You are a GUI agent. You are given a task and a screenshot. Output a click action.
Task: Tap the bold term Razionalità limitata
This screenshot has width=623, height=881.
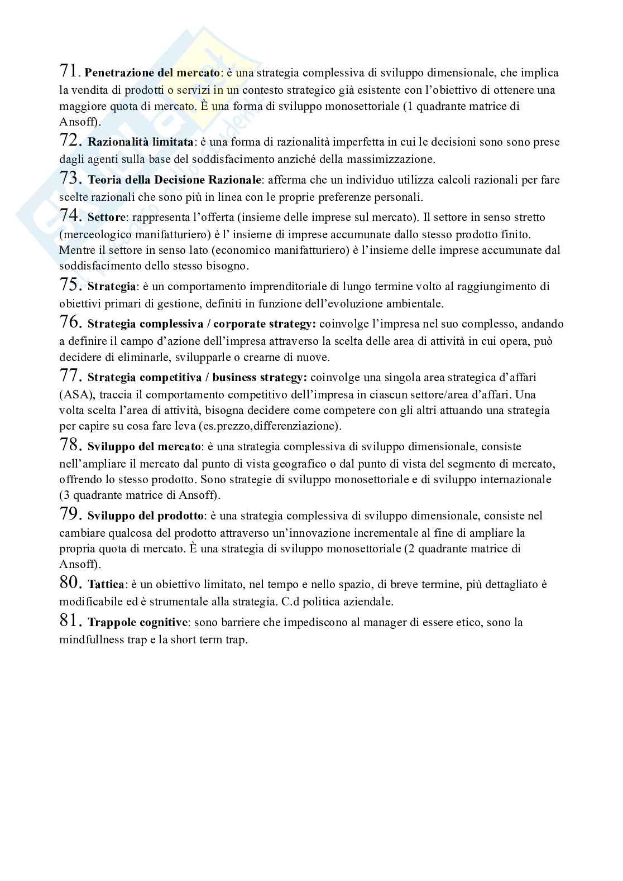pyautogui.click(x=140, y=142)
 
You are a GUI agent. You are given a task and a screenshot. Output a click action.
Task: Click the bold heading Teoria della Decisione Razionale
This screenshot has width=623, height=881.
pyautogui.click(x=175, y=180)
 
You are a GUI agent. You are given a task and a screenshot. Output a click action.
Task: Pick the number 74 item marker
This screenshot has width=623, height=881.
pyautogui.click(x=71, y=215)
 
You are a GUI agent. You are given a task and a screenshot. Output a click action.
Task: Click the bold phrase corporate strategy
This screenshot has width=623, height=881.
pyautogui.click(x=264, y=324)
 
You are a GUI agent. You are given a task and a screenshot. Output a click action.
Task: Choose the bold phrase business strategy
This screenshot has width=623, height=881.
pyautogui.click(x=259, y=378)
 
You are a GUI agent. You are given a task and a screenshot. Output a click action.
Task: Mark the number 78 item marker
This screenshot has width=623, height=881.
pyautogui.click(x=71, y=445)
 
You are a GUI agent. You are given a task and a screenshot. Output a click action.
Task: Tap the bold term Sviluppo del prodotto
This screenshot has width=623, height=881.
pyautogui.click(x=145, y=516)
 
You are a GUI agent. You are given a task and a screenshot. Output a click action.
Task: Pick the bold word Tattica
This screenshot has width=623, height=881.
pyautogui.click(x=106, y=585)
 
